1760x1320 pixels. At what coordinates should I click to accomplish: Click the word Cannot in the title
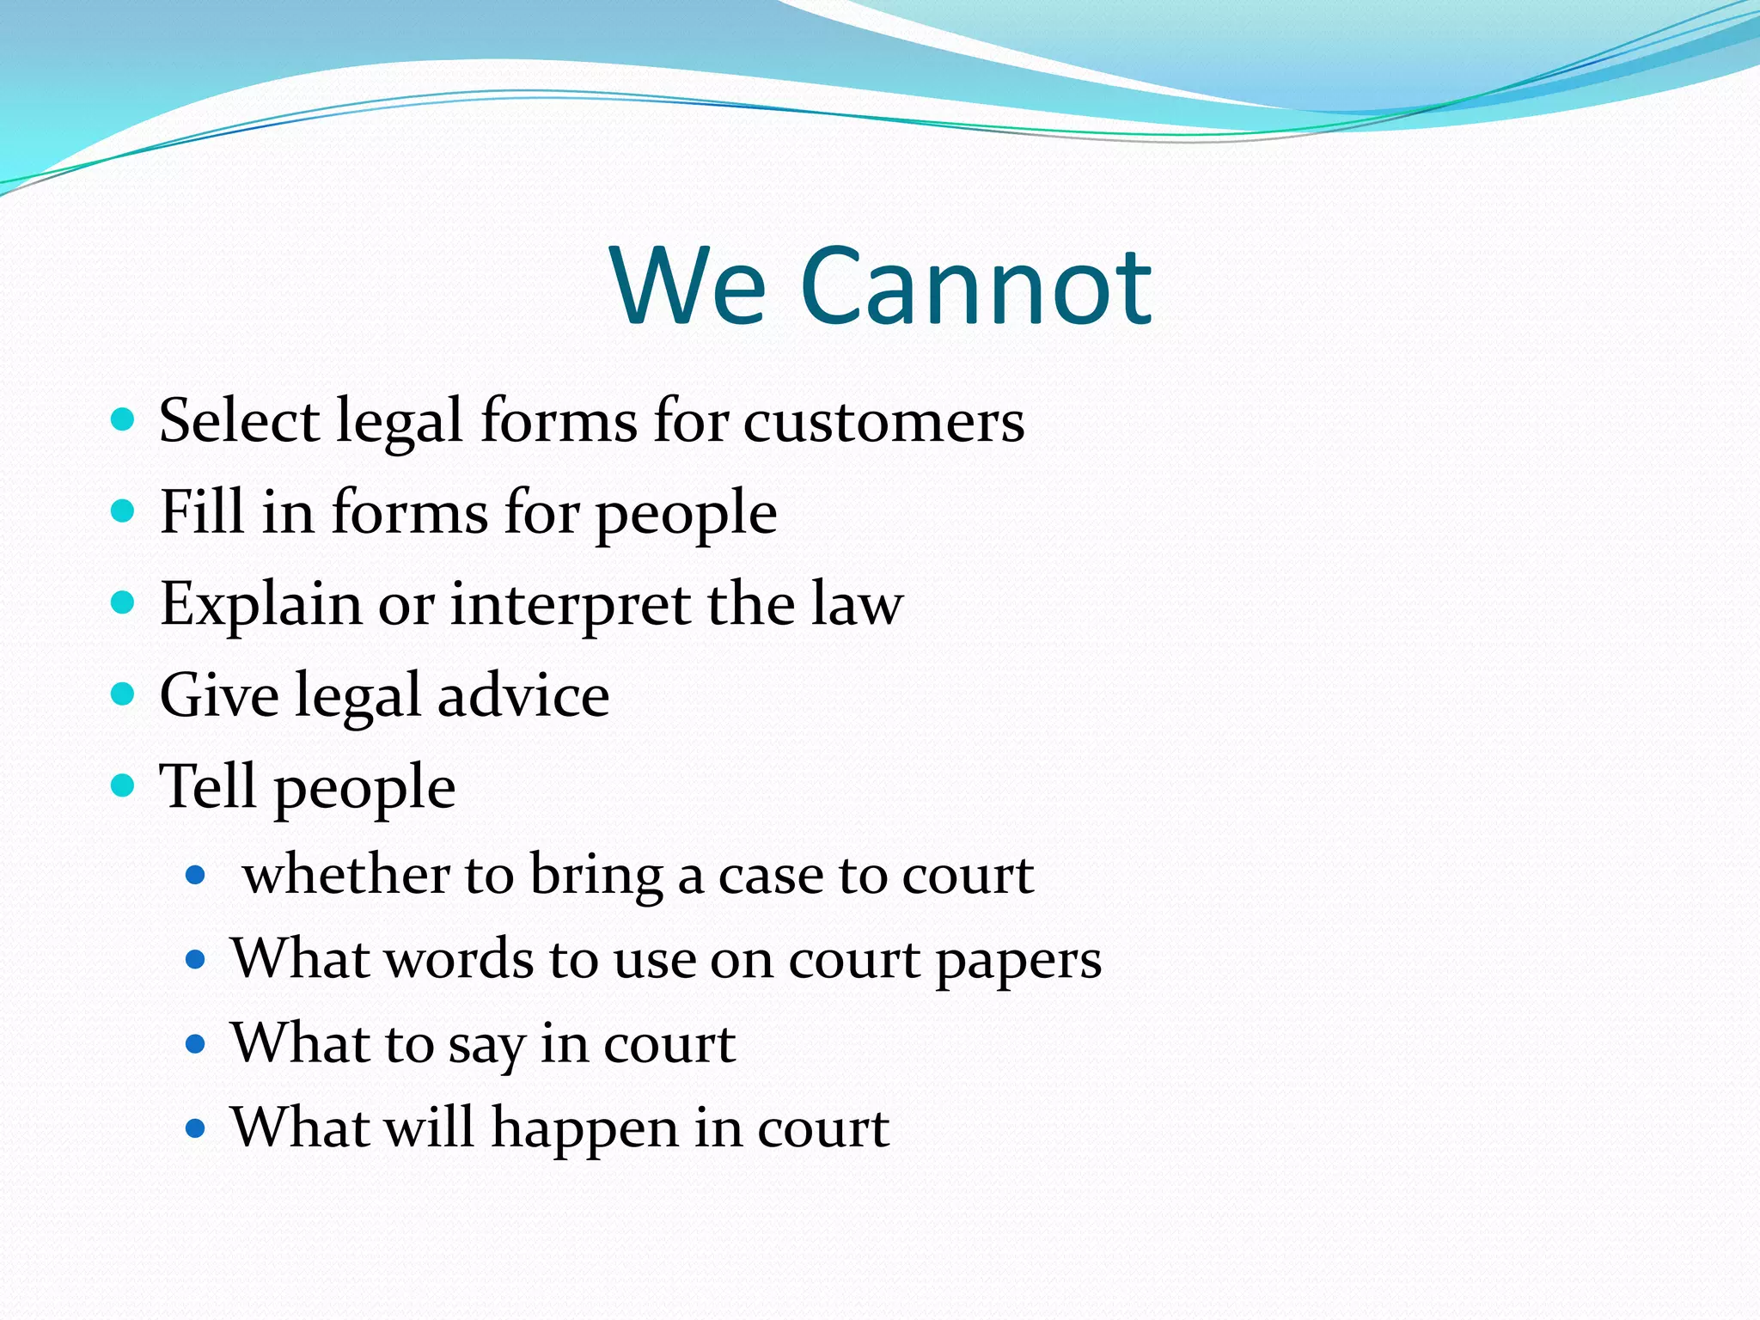[x=976, y=286]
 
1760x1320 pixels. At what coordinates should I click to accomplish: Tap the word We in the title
[x=688, y=286]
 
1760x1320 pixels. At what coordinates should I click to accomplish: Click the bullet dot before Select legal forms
[x=124, y=419]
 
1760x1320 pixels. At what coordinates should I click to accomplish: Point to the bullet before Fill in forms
[x=124, y=511]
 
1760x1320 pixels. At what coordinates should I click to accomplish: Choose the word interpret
[x=570, y=605]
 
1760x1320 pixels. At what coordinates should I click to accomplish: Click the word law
[x=857, y=603]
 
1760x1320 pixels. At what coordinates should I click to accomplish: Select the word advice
[x=523, y=695]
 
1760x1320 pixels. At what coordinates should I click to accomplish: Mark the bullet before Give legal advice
[x=124, y=694]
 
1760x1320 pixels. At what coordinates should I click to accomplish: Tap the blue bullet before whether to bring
[x=196, y=876]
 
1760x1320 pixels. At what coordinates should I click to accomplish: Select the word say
[x=486, y=1047]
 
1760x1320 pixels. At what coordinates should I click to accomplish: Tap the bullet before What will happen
[x=196, y=1127]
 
